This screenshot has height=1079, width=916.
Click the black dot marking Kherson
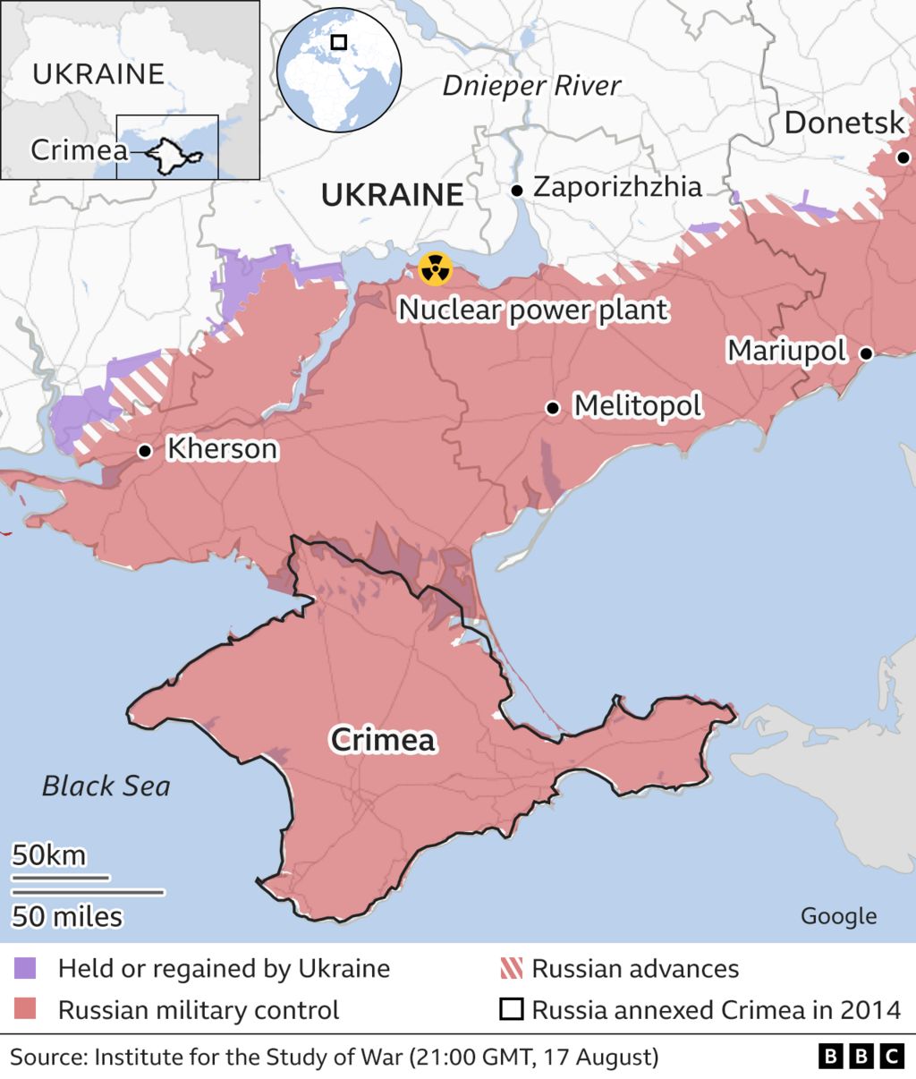[x=144, y=451]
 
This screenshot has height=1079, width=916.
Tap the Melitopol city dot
[x=553, y=408]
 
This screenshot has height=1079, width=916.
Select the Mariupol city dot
[x=866, y=353]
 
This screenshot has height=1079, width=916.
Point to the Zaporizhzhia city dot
[x=517, y=191]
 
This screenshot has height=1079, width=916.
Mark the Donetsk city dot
[x=903, y=157]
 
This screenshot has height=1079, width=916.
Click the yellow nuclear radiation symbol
[x=436, y=268]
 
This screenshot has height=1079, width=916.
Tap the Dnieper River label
[x=531, y=86]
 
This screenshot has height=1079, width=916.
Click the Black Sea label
[x=106, y=786]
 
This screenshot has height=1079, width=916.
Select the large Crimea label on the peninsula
[x=383, y=739]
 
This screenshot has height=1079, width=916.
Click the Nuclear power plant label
[x=533, y=310]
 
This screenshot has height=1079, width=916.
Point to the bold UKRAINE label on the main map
[x=392, y=194]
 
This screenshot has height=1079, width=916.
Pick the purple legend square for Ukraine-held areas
[x=26, y=968]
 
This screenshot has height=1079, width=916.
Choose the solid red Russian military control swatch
[x=26, y=1010]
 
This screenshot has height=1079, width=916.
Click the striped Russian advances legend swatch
[x=511, y=968]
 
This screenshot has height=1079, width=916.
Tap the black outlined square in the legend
[x=511, y=1010]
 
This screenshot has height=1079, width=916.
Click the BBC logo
[x=861, y=1057]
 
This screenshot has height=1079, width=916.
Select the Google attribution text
[x=838, y=915]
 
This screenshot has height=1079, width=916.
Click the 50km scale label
[x=49, y=855]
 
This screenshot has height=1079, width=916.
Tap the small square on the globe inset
[x=338, y=42]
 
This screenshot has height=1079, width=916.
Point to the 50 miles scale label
[x=67, y=916]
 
